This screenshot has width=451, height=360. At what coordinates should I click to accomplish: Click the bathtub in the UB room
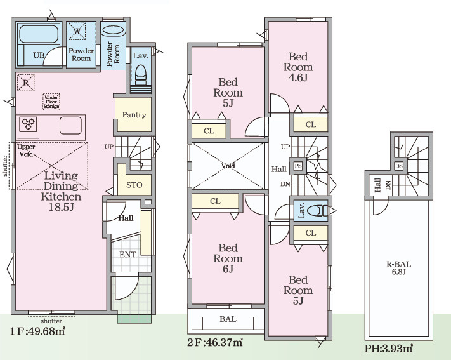coord(39,34)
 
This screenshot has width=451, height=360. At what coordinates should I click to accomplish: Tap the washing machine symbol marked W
coord(77,31)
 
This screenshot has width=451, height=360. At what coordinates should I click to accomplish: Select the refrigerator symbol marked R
coord(25,83)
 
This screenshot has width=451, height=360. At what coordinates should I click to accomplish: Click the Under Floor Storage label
coord(51,102)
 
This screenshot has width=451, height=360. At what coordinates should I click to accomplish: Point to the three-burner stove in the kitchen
coord(28,124)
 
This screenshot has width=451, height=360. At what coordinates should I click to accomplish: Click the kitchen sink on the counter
coord(70,125)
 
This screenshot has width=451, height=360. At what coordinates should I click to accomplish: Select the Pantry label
coord(134,115)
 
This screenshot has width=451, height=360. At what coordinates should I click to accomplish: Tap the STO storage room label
coord(134,185)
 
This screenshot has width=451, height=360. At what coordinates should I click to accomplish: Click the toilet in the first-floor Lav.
coord(141,75)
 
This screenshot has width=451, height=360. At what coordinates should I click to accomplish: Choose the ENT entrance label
coord(127,255)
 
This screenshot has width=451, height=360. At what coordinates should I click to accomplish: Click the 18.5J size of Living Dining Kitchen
coord(61,207)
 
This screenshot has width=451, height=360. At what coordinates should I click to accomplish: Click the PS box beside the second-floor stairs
coord(298,166)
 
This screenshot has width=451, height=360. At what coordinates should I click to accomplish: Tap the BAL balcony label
coord(228,319)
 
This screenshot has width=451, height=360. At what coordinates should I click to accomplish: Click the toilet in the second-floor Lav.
coord(318,211)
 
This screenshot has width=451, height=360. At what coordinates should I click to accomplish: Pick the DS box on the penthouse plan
coord(398,166)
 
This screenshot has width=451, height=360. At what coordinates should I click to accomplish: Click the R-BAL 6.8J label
coord(398,268)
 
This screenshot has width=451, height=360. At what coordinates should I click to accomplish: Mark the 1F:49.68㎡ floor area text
coord(37,331)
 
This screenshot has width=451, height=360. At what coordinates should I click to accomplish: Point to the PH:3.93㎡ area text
coord(389,349)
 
